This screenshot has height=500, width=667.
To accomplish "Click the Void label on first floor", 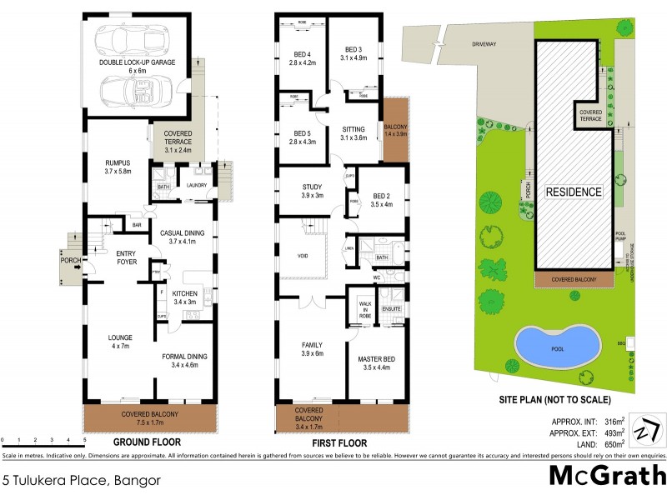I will click(303, 257).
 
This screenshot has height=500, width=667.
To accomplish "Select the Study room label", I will click(301, 190).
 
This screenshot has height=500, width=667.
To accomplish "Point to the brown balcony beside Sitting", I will click(395, 130).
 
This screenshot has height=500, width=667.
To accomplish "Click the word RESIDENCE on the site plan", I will click(574, 192).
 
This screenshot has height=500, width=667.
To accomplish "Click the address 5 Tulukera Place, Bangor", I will click(81, 480).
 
